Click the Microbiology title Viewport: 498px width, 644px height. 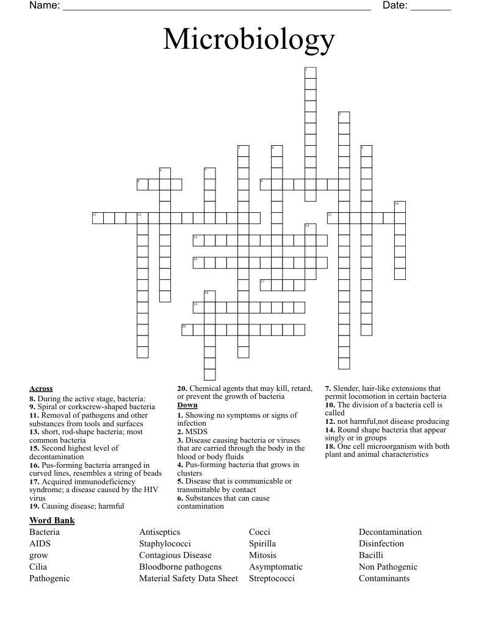tap(249, 40)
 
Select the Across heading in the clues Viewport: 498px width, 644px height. tap(41, 388)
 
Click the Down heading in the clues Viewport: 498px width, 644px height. tap(187, 405)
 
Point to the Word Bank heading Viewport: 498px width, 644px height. tap(52, 520)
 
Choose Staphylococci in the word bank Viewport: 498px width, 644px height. tap(165, 543)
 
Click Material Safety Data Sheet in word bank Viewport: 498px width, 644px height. tap(189, 578)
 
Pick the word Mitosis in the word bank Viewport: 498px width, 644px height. tap(262, 555)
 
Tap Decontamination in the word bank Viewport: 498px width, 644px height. tap(390, 532)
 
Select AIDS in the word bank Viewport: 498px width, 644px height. tap(40, 543)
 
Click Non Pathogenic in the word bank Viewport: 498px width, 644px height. tap(388, 567)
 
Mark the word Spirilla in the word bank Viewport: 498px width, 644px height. tap(262, 543)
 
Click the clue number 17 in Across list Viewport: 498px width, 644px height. tap(34, 481)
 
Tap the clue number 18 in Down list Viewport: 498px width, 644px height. tap(329, 446)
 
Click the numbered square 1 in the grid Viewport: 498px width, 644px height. tap(310, 73)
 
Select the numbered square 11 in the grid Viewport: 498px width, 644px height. tap(98, 218)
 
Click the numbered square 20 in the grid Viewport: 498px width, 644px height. tap(187, 330)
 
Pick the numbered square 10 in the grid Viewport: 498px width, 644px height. tap(400, 207)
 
